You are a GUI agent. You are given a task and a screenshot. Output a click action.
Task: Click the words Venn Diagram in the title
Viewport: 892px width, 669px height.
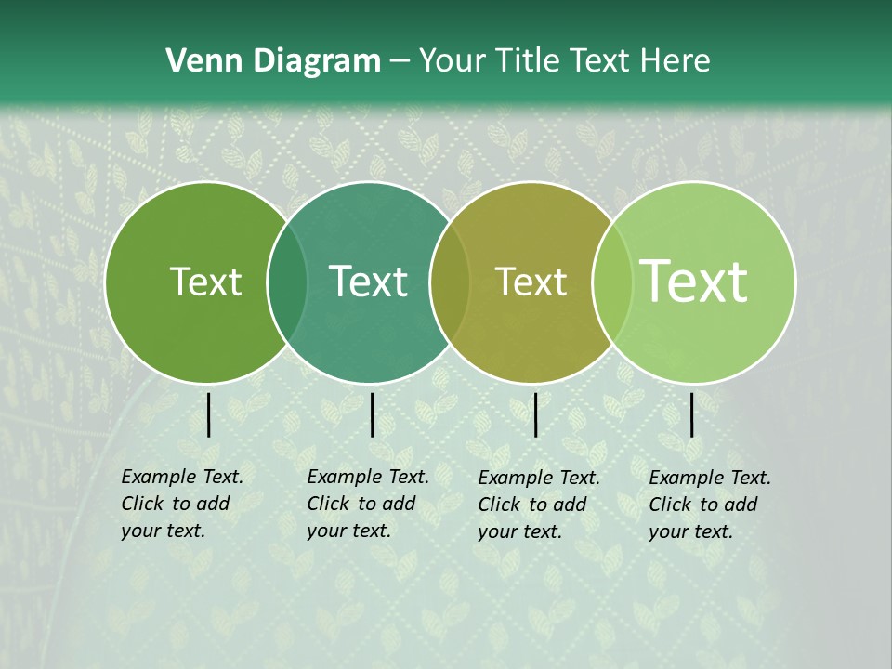(273, 61)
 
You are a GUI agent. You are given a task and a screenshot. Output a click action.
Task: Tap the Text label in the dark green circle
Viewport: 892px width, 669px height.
(205, 282)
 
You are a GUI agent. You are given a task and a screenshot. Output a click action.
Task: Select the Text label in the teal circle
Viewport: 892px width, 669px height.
(368, 282)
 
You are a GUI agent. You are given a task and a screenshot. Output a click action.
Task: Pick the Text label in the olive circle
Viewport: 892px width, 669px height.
(531, 282)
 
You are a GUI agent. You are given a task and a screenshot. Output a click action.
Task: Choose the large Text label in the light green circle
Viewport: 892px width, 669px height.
(694, 282)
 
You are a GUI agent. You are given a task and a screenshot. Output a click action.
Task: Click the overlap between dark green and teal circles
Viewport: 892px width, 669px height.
(287, 282)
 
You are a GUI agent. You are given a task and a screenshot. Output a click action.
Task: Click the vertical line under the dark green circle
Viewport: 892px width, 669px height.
(208, 414)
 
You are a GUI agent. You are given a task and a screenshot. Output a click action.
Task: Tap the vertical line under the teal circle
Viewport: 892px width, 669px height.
(372, 414)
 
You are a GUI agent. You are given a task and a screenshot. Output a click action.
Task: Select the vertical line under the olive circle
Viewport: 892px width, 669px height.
(535, 414)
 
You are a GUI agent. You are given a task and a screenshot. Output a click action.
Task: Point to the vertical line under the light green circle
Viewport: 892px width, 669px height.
(692, 414)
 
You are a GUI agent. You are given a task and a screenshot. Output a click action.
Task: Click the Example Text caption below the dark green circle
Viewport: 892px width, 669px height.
(181, 504)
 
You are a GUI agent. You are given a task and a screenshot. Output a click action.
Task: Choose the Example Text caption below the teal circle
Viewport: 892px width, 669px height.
(367, 504)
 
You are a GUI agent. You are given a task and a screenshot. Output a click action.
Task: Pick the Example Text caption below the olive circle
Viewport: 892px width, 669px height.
(538, 505)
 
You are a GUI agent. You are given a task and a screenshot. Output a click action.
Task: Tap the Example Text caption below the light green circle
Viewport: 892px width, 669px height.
(709, 505)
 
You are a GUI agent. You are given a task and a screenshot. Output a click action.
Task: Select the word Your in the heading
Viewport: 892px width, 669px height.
(453, 61)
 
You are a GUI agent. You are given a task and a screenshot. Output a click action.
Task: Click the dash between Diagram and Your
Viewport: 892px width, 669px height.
(400, 62)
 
